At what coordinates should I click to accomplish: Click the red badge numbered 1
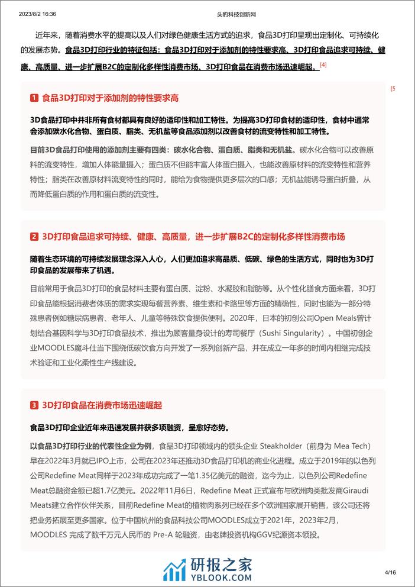coord(34,98)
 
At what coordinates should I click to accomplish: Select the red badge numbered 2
coord(34,237)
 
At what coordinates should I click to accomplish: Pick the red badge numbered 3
coord(34,406)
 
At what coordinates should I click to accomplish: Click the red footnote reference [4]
coord(323,64)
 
